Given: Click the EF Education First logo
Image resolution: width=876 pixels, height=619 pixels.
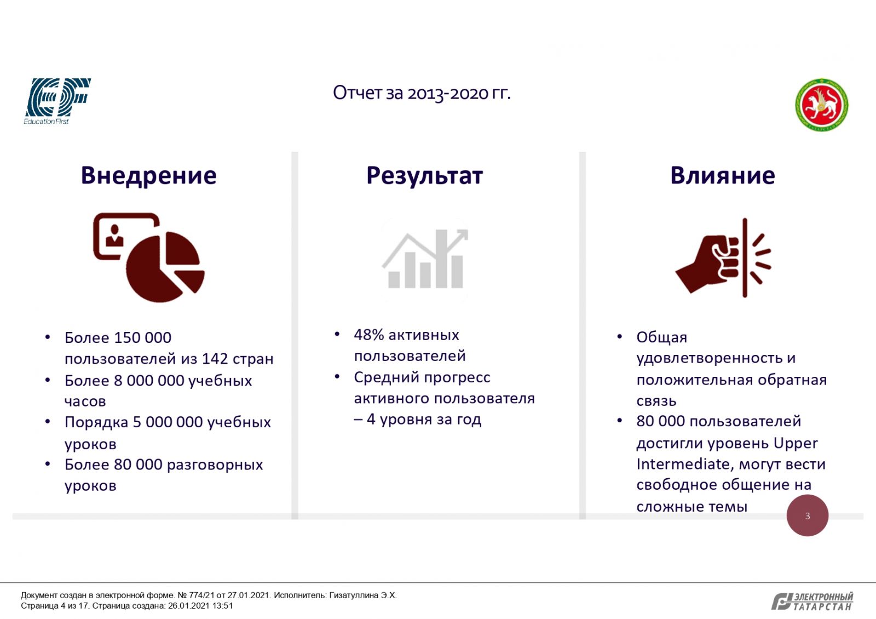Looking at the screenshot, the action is click(x=57, y=101).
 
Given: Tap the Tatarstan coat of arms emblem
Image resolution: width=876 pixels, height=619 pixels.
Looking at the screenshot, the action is click(x=822, y=105).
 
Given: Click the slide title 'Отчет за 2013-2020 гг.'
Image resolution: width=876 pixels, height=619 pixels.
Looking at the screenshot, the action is click(x=422, y=93).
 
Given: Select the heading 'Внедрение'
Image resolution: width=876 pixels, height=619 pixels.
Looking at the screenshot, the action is click(x=148, y=176).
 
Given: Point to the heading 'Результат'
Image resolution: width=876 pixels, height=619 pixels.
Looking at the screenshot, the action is click(x=425, y=176).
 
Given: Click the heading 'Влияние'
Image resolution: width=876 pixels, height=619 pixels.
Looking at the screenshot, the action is click(x=723, y=176).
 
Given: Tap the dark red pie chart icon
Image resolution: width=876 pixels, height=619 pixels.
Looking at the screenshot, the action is click(x=149, y=257).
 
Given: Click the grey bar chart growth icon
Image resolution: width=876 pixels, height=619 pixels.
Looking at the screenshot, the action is click(x=425, y=259).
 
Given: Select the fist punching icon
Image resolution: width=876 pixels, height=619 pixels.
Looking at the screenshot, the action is click(x=723, y=257).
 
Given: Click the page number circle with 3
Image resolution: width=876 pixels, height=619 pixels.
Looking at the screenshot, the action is click(x=808, y=515).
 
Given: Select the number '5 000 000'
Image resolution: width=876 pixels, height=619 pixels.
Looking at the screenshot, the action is click(x=168, y=422).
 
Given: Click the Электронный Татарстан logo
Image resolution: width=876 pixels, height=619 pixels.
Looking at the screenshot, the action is click(x=812, y=601).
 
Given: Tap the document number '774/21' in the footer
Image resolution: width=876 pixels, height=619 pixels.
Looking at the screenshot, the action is click(x=201, y=595).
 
